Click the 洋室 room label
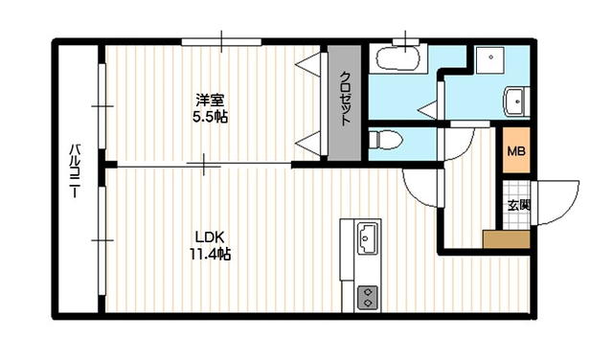click(x=211, y=100)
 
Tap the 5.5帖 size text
click(x=211, y=116)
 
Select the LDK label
click(x=210, y=237)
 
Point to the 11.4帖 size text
click(x=210, y=255)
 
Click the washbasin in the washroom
click(x=515, y=100)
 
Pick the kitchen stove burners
click(x=368, y=297)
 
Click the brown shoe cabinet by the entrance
click(x=507, y=239)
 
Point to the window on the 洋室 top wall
click(x=221, y=41)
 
